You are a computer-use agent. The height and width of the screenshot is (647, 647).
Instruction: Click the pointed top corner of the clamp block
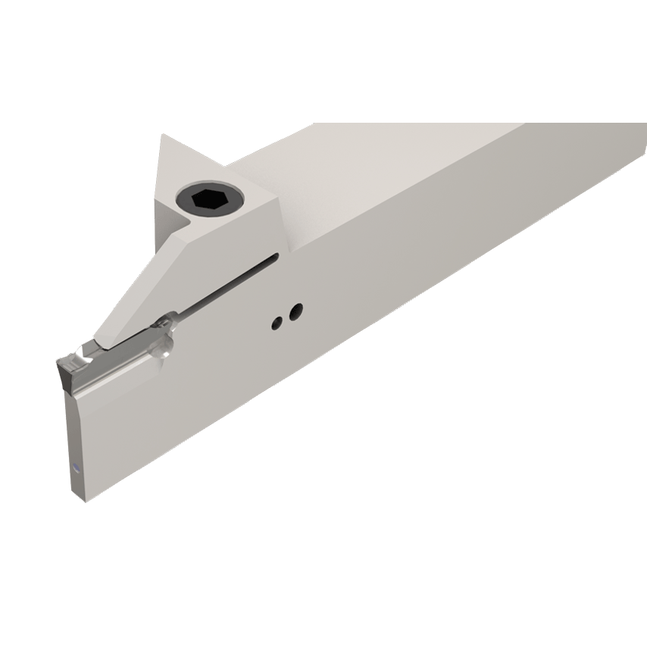[x=164, y=136]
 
